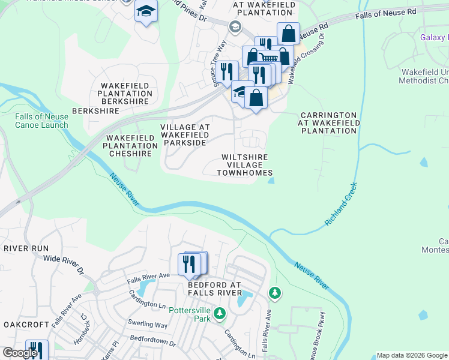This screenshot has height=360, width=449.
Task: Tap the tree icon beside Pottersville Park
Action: coord(220,313)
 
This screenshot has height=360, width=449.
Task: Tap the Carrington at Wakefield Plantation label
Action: coord(329,122)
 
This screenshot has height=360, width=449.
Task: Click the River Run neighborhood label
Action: coord(25,248)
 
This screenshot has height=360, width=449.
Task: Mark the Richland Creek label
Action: coord(341,204)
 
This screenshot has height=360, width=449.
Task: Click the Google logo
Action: coord(20,353)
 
